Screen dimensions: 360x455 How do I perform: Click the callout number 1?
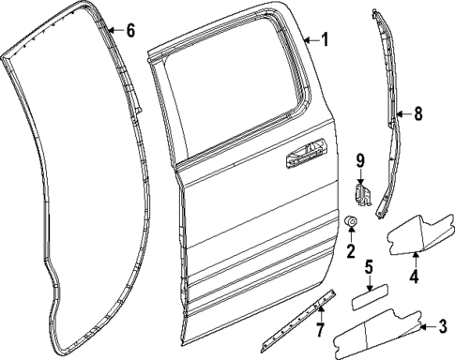click(325, 40)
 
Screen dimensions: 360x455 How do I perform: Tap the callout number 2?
click(351, 251)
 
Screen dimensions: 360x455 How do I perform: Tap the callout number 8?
click(417, 114)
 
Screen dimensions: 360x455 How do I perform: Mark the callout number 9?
click(359, 161)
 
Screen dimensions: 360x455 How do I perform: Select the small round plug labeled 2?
click(351, 222)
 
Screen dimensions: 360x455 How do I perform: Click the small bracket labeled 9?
click(363, 194)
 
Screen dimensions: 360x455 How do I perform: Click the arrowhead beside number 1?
click(307, 40)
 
